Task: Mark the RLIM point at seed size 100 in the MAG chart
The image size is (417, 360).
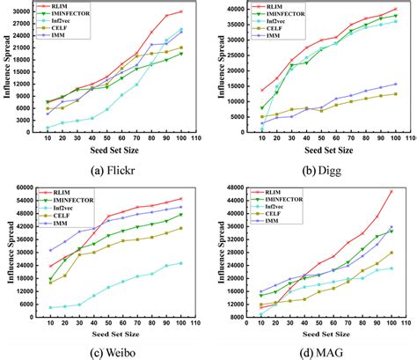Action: [391, 191]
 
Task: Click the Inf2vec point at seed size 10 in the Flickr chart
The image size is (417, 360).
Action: [48, 129]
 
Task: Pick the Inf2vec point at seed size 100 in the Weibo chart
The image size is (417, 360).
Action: [181, 263]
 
